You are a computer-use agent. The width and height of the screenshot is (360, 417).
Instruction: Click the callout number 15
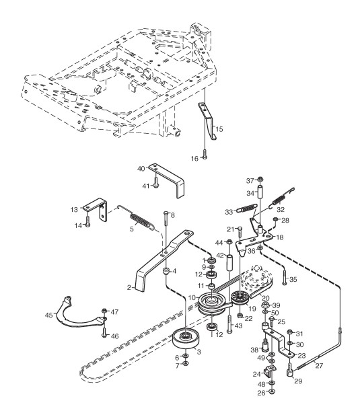pos(219,129)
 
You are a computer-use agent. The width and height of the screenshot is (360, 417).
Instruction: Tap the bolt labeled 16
pos(205,155)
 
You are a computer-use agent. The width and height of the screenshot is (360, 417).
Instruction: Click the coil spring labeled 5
pos(142,221)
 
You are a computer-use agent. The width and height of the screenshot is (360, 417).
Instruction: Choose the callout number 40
pos(141,169)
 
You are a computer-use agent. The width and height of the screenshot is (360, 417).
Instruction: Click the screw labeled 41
pos(156,183)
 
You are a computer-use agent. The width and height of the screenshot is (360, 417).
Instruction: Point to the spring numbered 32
pos(281,198)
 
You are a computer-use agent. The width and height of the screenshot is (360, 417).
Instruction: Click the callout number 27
pos(319,365)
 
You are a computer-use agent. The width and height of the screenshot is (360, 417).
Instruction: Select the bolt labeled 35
pos(285,277)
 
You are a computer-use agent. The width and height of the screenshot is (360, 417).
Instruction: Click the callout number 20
pos(266,298)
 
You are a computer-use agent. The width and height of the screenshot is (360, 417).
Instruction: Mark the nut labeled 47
pos(104,310)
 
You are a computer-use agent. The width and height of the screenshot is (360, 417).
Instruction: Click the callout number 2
pos(129,287)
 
